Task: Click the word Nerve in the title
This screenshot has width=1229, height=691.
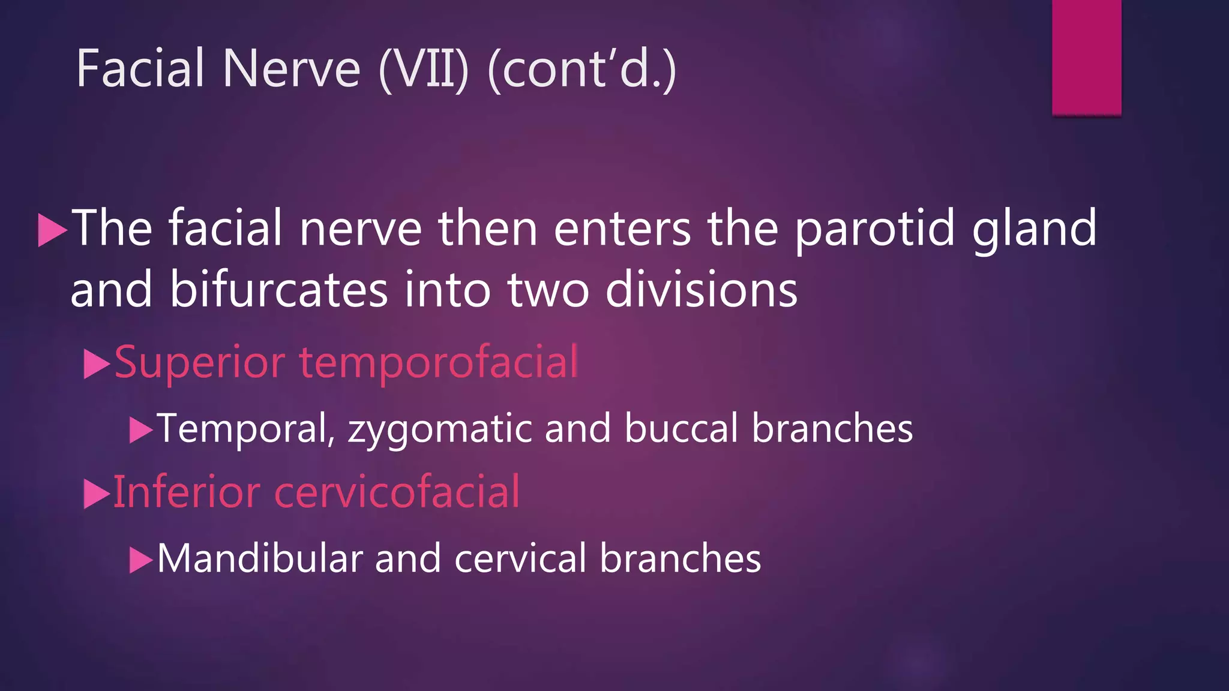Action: click(291, 69)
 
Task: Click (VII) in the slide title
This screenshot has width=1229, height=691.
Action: click(424, 70)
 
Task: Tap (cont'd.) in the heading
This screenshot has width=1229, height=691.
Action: click(582, 70)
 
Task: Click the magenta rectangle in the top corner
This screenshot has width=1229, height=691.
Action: click(1086, 57)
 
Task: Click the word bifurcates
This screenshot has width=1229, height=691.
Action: click(278, 290)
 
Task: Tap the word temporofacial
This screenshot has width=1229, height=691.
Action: click(439, 362)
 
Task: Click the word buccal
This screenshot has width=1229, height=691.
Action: click(681, 428)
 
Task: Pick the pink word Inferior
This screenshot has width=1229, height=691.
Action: click(187, 492)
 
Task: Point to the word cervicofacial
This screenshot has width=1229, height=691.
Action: click(397, 492)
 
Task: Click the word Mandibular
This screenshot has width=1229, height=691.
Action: click(260, 558)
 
